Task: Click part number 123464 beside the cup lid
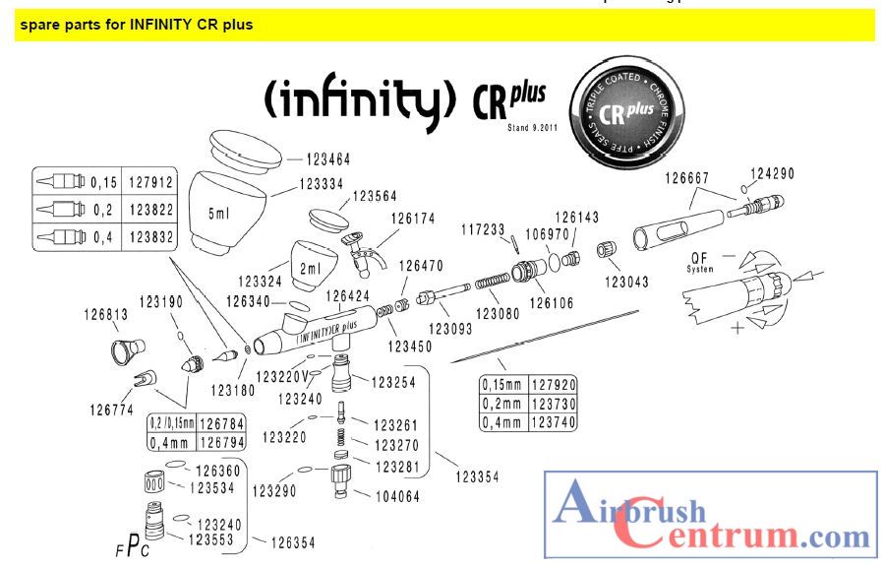(327, 158)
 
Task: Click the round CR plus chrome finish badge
(629, 112)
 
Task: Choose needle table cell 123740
(554, 421)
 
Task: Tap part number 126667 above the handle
(687, 179)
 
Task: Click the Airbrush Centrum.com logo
(711, 517)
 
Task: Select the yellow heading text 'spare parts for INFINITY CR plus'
(136, 25)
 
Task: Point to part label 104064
(396, 497)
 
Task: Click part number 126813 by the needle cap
(105, 316)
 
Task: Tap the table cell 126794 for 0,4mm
(221, 442)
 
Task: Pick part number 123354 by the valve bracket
(478, 476)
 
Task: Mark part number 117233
(484, 228)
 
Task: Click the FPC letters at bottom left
(132, 547)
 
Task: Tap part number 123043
(626, 282)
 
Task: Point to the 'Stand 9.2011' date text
(532, 127)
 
